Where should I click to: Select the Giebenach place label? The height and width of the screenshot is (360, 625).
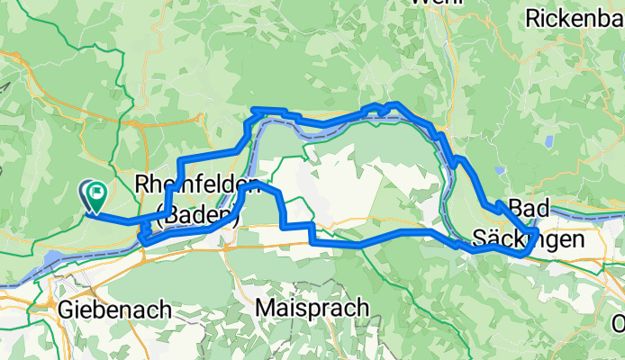pos(115,310)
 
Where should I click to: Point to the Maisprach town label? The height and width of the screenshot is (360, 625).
pos(312,307)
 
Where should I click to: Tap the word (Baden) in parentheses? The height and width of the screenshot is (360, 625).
pos(197,214)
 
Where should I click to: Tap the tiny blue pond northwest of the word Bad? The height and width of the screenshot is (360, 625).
pos(500,169)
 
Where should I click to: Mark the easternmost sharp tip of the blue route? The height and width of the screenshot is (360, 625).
pos(538,233)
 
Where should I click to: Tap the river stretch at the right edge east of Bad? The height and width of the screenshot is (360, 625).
pos(594,212)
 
